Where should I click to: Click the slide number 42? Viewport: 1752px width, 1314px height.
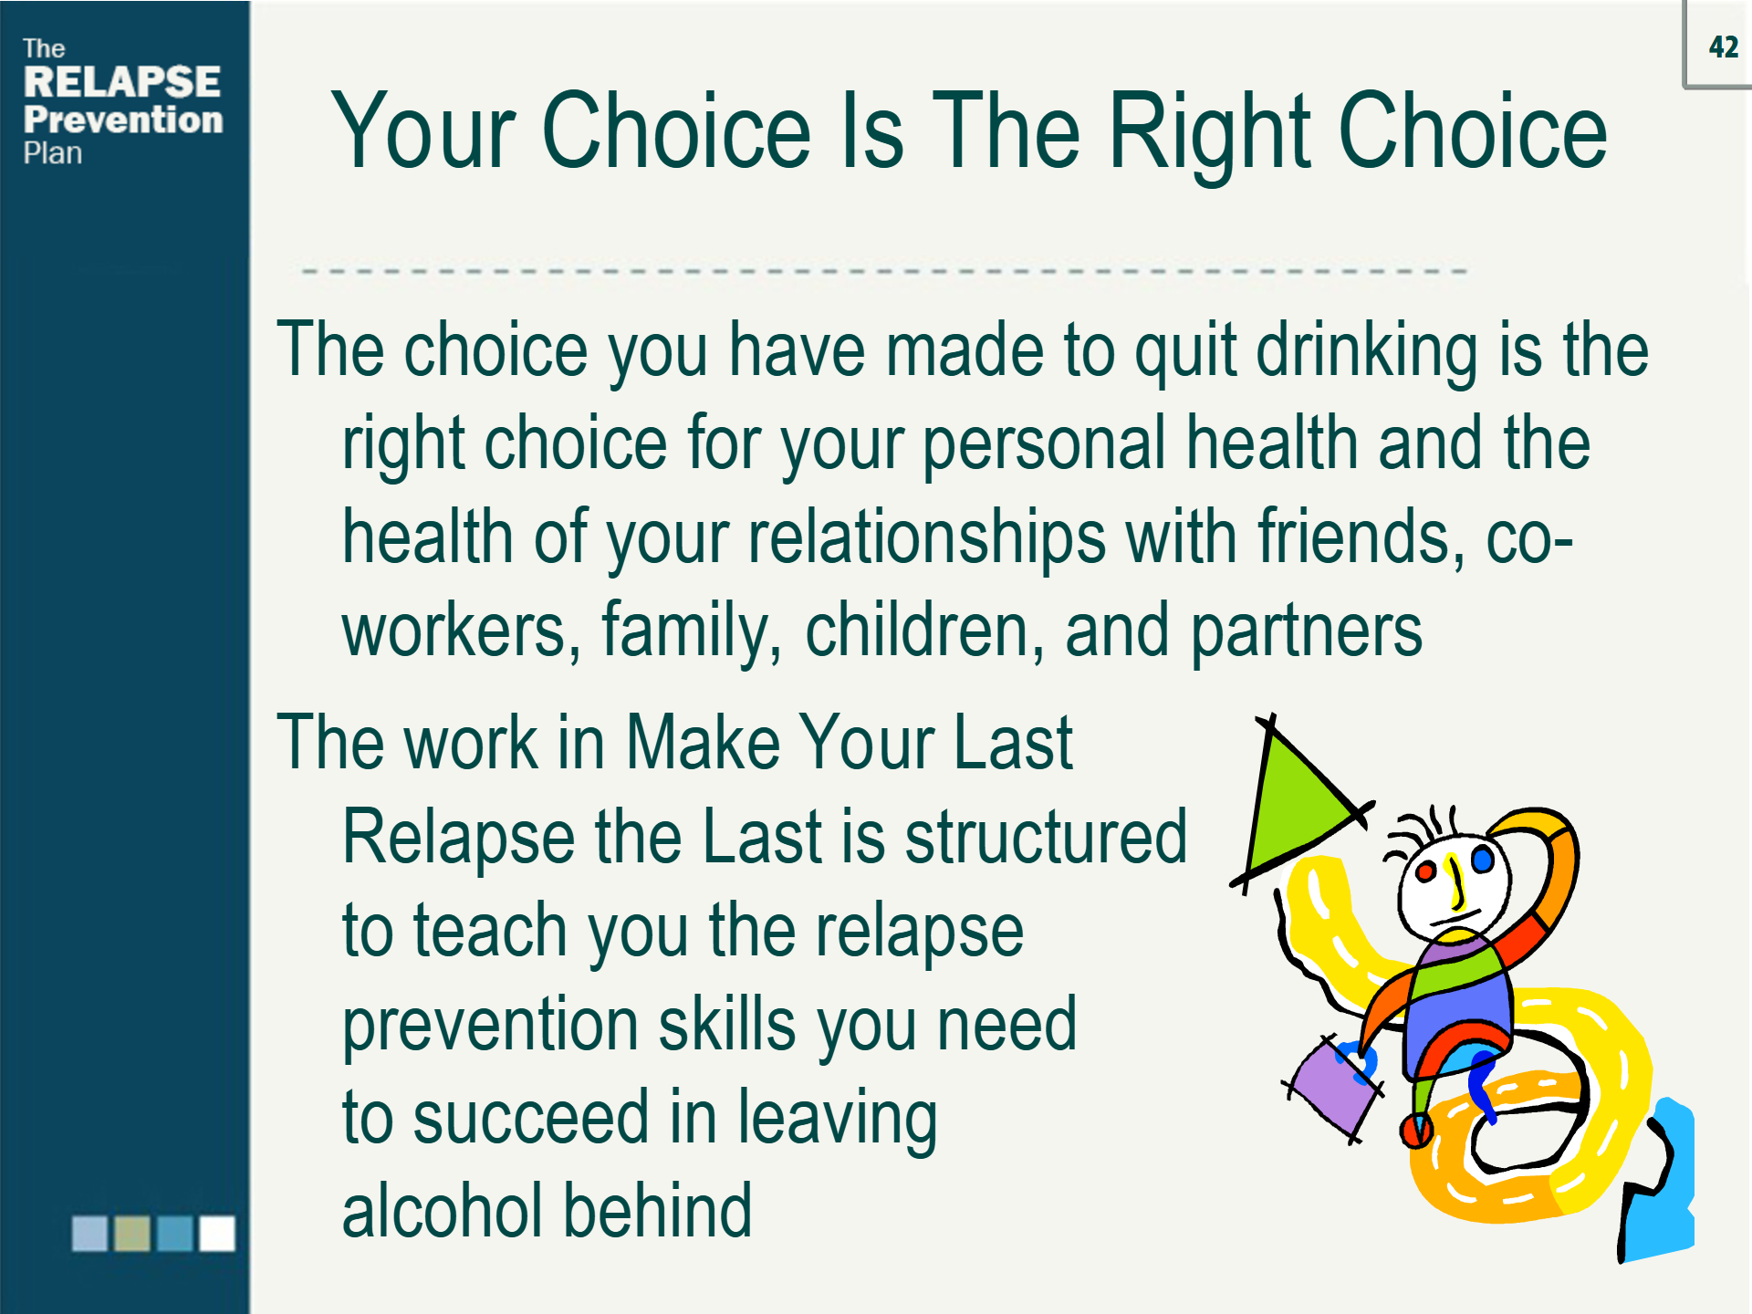pos(1724,47)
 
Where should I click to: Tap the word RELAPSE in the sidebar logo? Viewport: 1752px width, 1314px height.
pos(122,82)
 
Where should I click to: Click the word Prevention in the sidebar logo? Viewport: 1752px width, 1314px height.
pos(123,120)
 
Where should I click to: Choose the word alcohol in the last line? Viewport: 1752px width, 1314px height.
pos(443,1210)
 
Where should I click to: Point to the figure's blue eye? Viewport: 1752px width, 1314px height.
pos(1482,859)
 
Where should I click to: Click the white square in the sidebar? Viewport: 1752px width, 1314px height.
pos(217,1233)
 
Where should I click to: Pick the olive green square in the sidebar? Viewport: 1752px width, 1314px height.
pos(132,1233)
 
